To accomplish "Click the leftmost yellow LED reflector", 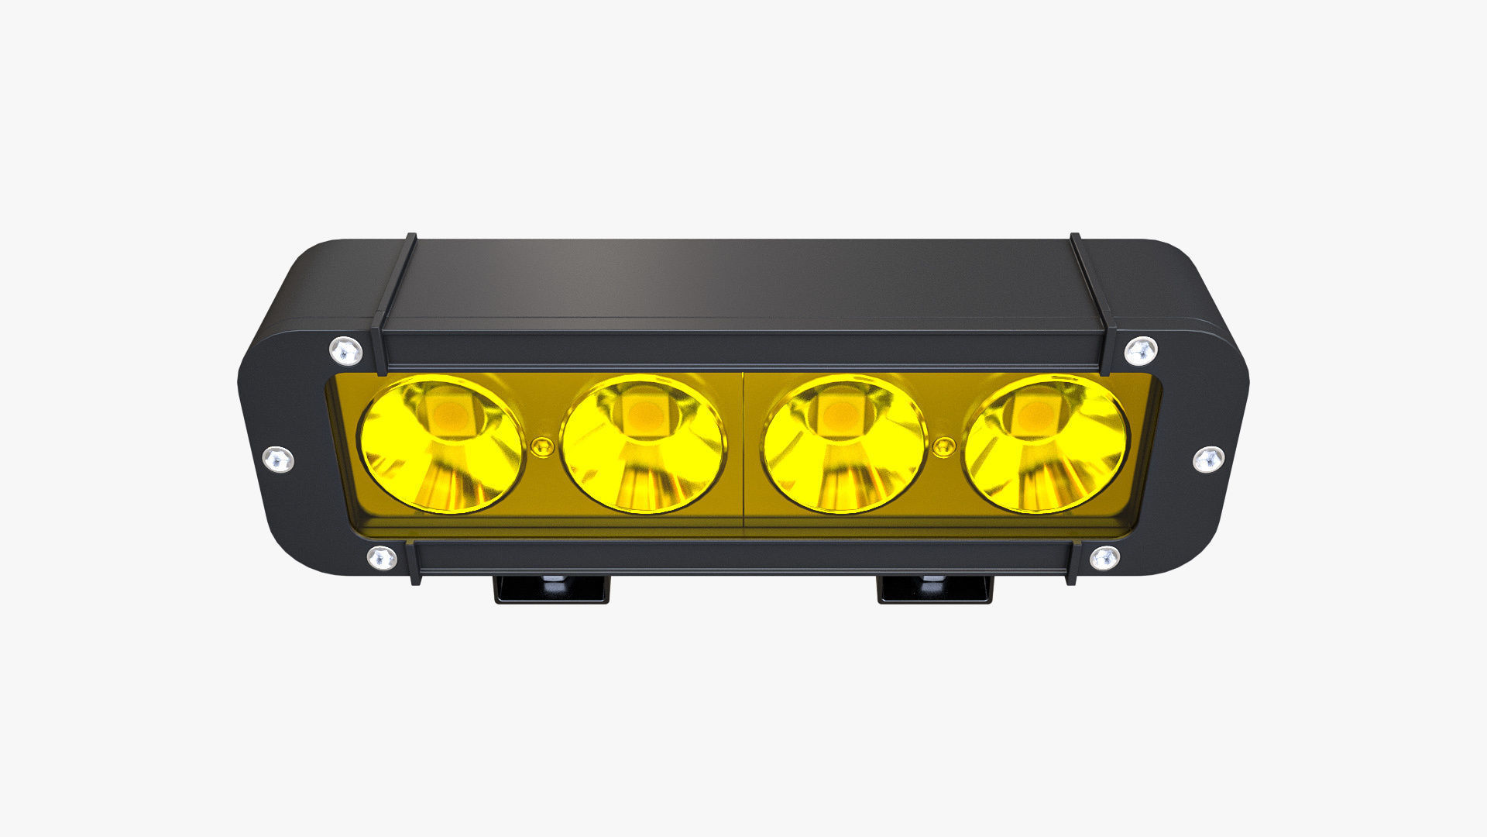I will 441,444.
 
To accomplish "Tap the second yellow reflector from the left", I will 643,444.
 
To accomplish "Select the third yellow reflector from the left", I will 844,444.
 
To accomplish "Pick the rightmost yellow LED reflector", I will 1046,444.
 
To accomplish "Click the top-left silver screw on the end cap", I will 345,351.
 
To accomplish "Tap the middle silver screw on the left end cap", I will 278,459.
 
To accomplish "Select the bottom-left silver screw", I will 381,557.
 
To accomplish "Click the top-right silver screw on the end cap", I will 1141,351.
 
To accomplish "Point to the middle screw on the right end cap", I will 1208,459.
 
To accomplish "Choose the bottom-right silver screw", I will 1104,557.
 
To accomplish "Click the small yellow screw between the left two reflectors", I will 543,446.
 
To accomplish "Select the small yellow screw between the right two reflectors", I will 944,446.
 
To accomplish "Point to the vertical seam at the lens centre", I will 743,449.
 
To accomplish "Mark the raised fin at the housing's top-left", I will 395,302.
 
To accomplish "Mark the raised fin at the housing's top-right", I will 1092,302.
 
